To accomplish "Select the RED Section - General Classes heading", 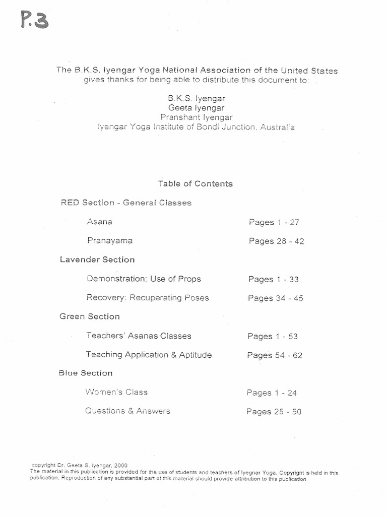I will tap(125, 203).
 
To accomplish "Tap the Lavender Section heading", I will tap(97, 260).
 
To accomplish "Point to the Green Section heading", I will tap(90, 316).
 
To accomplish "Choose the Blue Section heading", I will tap(86, 373).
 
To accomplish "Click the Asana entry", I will tap(99, 222).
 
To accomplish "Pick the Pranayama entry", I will tap(110, 241).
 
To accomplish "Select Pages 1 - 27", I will tap(274, 222).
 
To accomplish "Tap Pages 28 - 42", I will tap(276, 241).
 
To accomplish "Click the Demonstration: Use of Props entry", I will tap(144, 279).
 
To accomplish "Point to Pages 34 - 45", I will tap(275, 298).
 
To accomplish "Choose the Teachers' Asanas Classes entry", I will tap(139, 336).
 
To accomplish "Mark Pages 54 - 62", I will tap(275, 355).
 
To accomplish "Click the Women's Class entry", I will tap(116, 392).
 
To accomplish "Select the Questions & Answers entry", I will tap(127, 411).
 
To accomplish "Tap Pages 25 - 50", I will tap(274, 412).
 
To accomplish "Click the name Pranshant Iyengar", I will tap(197, 117).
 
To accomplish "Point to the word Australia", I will tap(278, 127).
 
